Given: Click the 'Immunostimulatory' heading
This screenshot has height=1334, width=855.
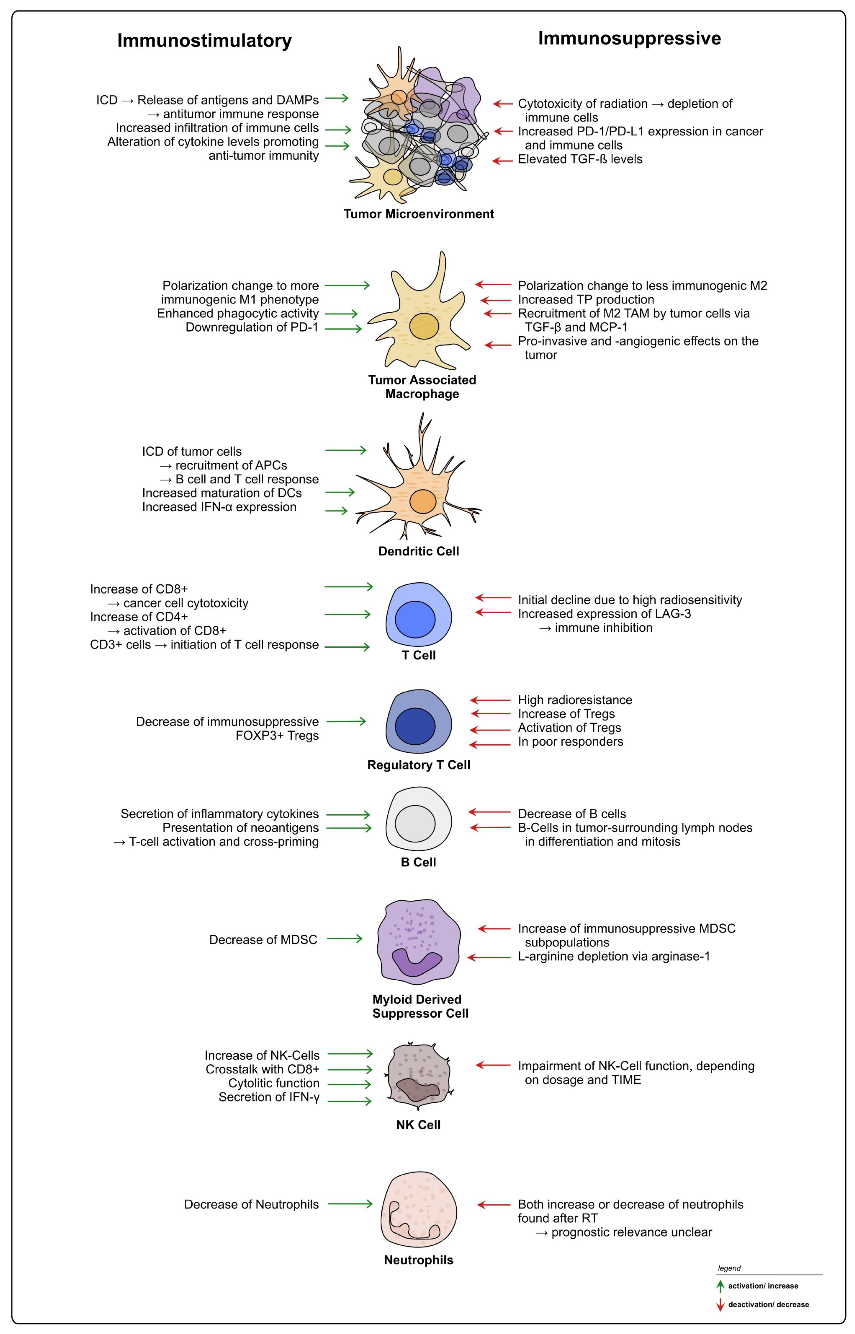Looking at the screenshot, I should point(204,41).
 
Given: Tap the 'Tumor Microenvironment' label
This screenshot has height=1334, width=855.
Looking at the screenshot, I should point(419,214).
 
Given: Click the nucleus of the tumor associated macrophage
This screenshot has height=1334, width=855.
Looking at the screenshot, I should point(424,326).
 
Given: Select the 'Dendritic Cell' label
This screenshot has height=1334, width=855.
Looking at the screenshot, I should point(419,551).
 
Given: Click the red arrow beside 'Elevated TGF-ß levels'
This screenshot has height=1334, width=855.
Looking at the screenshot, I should point(503,161).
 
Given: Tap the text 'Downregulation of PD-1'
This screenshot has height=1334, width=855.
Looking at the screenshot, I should point(252,327).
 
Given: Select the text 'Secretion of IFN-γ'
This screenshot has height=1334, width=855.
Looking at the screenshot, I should point(269,1097).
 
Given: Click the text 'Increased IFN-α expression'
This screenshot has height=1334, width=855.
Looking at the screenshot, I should point(219,507).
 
